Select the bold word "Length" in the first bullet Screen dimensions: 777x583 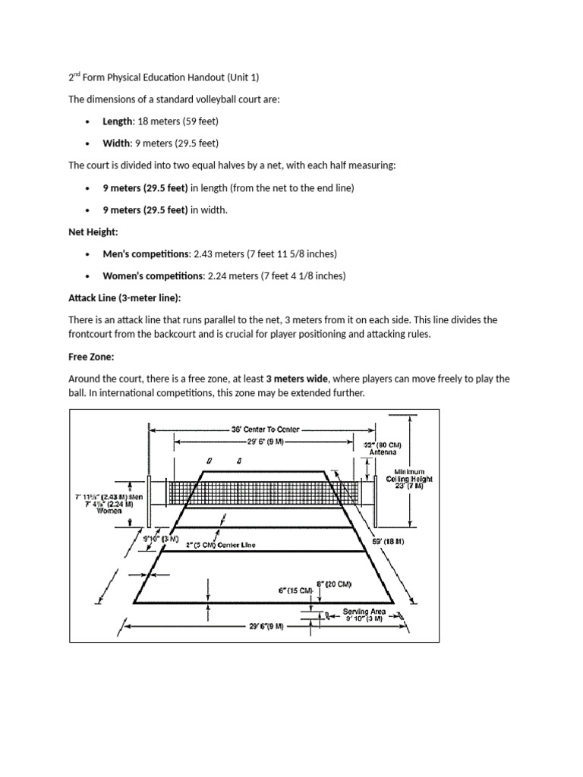118,121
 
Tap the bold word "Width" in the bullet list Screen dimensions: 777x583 116,143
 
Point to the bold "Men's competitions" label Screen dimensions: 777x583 146,254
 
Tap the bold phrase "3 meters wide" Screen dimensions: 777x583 295,378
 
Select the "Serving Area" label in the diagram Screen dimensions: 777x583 364,611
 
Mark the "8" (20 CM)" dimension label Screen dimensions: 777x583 333,584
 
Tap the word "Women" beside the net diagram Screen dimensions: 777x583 109,511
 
